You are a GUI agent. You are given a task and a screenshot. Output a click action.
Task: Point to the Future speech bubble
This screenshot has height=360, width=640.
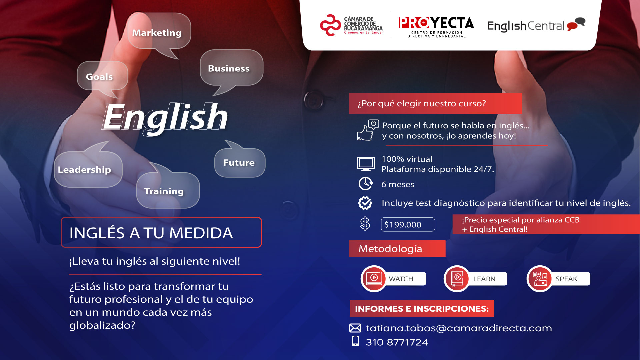pyautogui.click(x=239, y=163)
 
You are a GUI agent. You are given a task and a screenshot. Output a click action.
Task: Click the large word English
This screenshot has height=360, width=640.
pyautogui.click(x=165, y=117)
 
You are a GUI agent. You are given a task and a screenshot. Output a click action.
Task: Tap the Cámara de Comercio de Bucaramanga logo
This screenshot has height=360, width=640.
pyautogui.click(x=351, y=25)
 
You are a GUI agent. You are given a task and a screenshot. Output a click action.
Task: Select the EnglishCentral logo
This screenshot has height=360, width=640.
pyautogui.click(x=535, y=25)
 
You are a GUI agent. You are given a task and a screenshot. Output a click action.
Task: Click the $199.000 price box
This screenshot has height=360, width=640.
pyautogui.click(x=407, y=224)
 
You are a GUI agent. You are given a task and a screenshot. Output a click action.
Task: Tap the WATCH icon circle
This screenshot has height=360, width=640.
pyautogui.click(x=374, y=279)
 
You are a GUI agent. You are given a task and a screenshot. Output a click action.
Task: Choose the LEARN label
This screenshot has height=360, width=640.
pyautogui.click(x=484, y=279)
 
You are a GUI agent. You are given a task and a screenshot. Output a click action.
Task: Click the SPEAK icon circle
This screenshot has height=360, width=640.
pyautogui.click(x=539, y=279)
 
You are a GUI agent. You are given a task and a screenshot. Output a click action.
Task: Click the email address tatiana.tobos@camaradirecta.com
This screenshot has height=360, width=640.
pyautogui.click(x=459, y=328)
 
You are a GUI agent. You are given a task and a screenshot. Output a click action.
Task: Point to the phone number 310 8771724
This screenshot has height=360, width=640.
pyautogui.click(x=397, y=342)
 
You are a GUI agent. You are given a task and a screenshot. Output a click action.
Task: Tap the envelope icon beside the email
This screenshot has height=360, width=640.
pyautogui.click(x=355, y=328)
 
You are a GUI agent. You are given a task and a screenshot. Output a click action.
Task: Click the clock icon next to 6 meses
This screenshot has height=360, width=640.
pyautogui.click(x=365, y=184)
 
